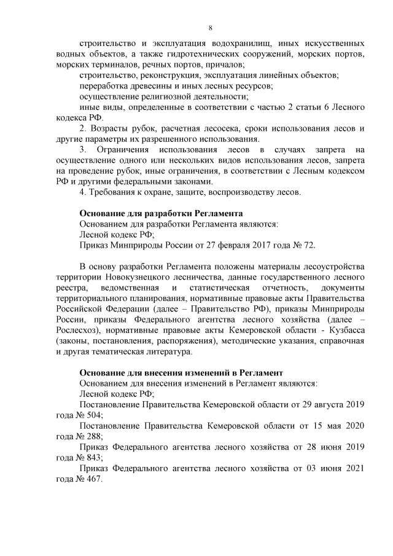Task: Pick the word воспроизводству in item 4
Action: [x=246, y=193]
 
